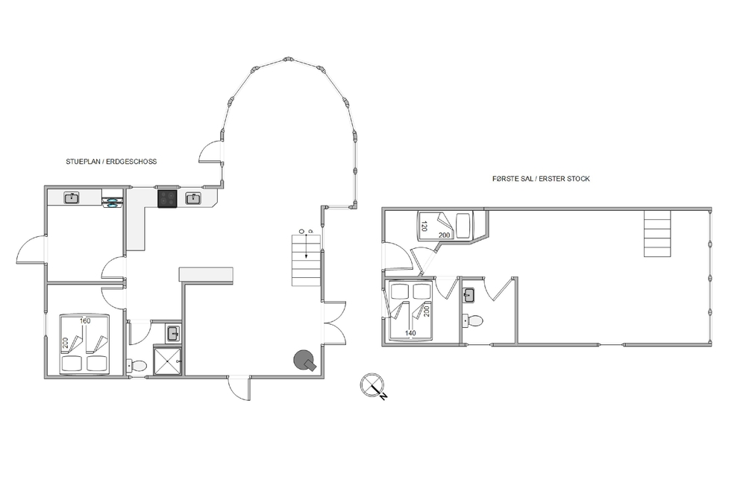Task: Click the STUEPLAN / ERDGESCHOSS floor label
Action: pos(111,162)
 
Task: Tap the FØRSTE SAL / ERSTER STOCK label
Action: pos(541,179)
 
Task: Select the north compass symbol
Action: pos(373,386)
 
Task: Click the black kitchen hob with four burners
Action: pos(167,199)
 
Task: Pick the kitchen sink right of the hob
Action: pos(193,199)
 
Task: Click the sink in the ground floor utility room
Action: pos(72,197)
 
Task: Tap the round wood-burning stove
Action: pos(304,360)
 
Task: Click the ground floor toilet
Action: pos(137,366)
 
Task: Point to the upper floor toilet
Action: pos(473,321)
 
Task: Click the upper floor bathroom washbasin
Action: pos(468,295)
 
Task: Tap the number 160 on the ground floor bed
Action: pos(85,321)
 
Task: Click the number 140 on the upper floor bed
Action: pos(410,333)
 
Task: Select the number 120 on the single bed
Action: pos(424,227)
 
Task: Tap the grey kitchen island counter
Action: pos(206,275)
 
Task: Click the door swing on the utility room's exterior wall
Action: pos(31,250)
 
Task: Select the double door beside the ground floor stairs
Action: pos(335,323)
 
